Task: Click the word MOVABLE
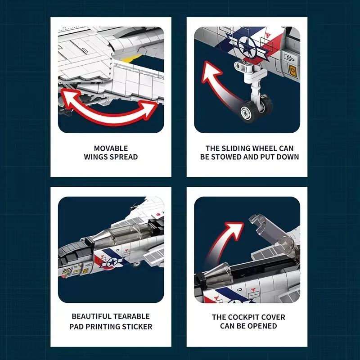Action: click(111, 148)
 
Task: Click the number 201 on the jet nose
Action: click(67, 270)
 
